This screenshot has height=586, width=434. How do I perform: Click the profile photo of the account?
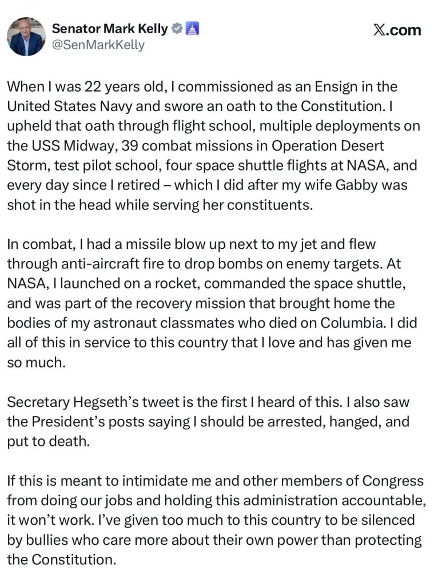click(26, 37)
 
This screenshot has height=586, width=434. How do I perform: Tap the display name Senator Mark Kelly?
click(110, 29)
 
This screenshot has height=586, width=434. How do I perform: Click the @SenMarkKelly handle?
click(98, 45)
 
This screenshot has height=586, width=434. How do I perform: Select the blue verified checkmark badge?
click(177, 29)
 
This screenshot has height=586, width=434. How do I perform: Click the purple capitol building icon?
click(193, 29)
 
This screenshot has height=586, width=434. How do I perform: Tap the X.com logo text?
click(397, 30)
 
